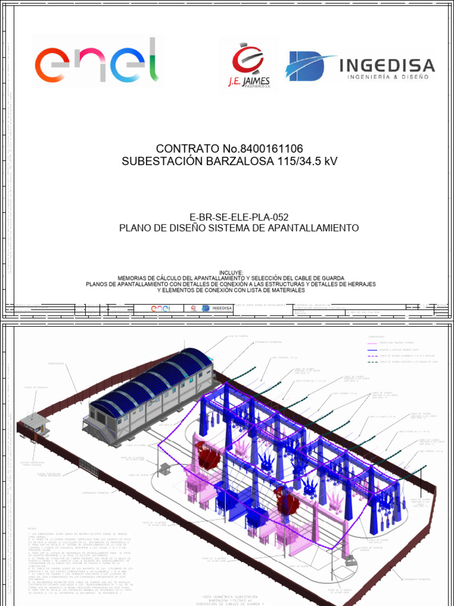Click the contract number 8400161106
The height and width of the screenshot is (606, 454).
(265, 149)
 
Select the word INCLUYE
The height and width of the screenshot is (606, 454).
(231, 272)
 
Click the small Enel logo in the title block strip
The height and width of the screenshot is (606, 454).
(161, 308)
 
